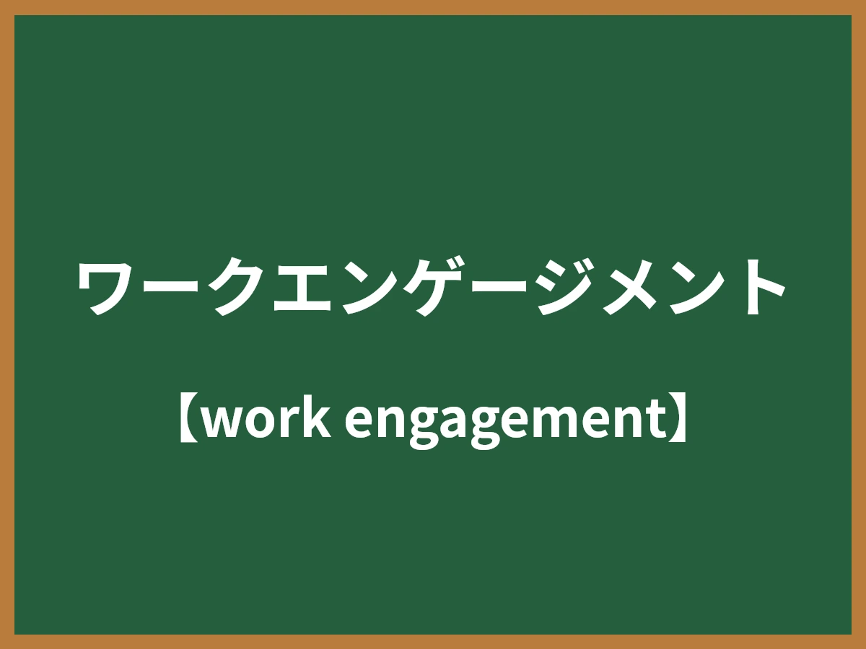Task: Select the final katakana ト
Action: [x=758, y=287]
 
